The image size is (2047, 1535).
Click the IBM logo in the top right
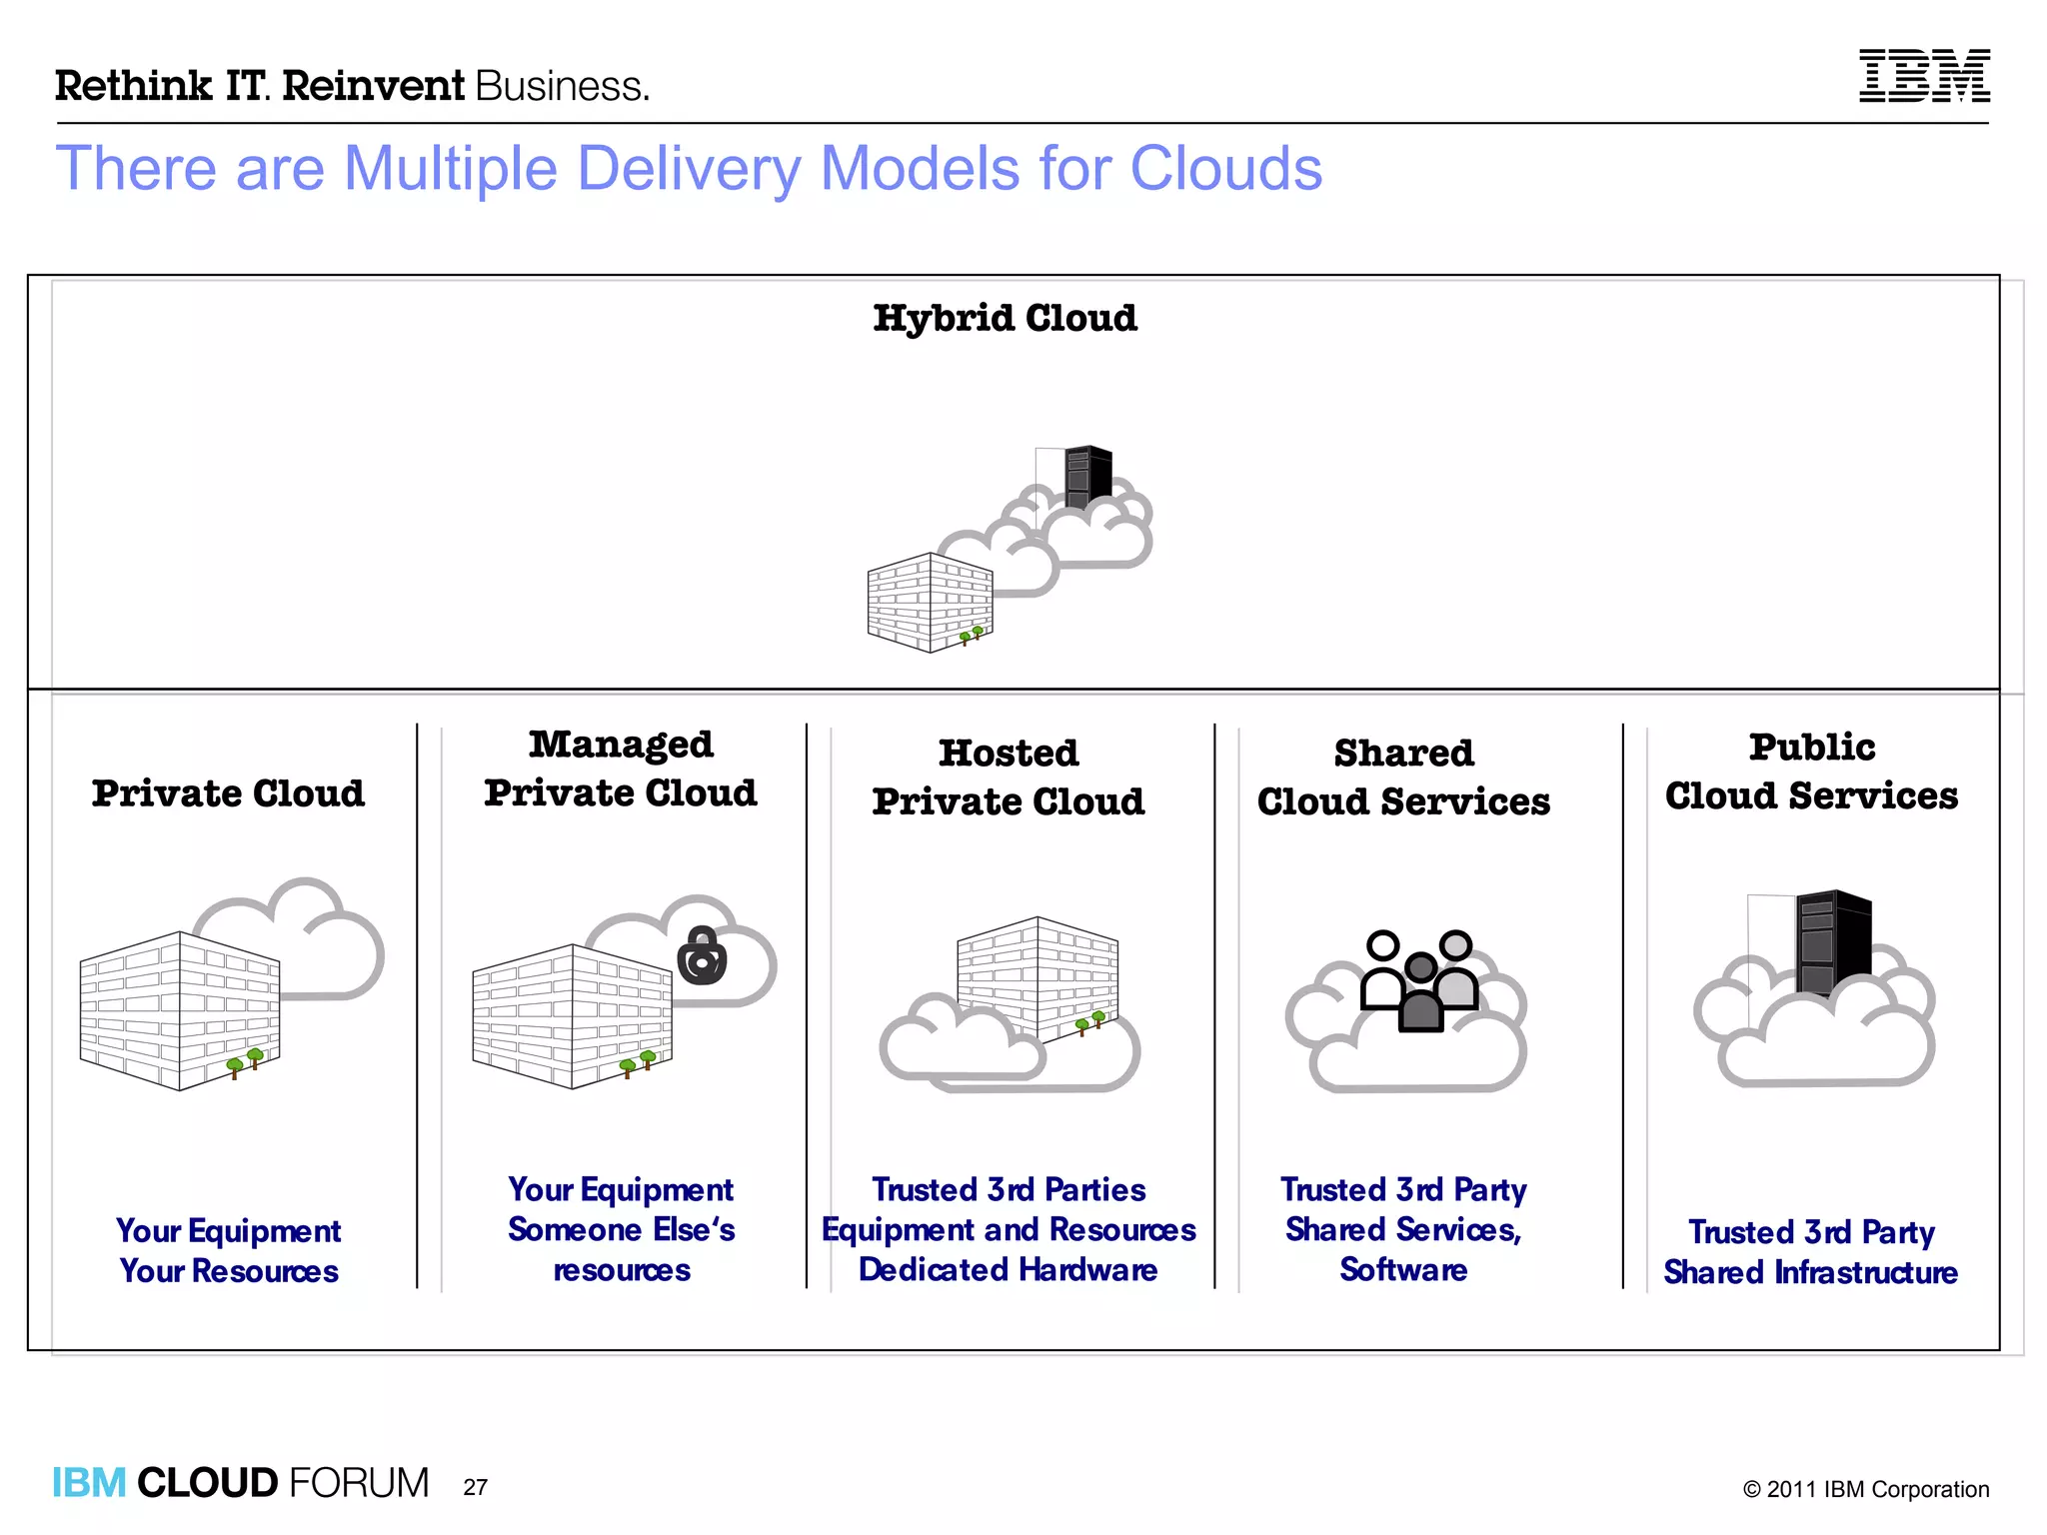pos(1923,76)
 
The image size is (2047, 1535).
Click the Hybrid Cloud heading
pos(1005,319)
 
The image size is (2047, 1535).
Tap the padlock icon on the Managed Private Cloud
pos(702,956)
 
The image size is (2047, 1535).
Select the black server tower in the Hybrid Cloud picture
pos(1087,474)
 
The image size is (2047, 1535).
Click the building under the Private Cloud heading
pos(179,1009)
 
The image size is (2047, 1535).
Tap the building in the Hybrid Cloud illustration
pos(930,603)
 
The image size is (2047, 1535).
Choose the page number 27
pos(476,1487)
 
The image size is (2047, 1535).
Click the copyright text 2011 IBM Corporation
pos(1866,1489)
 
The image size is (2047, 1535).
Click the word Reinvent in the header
pos(373,86)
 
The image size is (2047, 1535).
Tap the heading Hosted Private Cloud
pos(1008,777)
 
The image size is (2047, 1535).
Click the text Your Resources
pos(229,1271)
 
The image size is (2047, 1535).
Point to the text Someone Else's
pos(621,1229)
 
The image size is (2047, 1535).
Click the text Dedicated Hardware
pos(1008,1269)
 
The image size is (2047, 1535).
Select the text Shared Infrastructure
pos(1810,1272)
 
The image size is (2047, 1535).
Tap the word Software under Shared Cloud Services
pos(1403,1269)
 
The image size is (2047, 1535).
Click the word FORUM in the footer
pos(359,1483)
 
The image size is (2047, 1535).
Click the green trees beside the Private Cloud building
pos(245,1061)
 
